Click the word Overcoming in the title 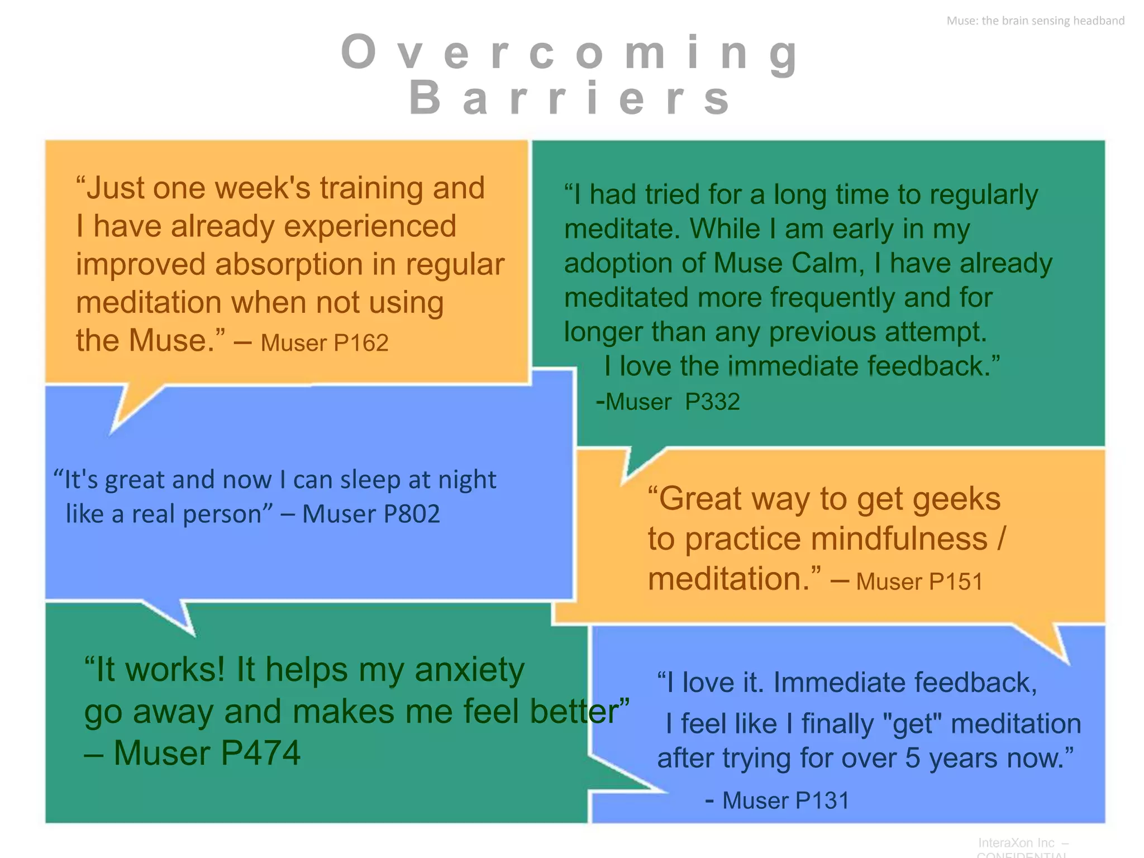pos(570,53)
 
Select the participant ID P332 pos(712,402)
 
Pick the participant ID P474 pos(260,753)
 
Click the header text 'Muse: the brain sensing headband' pos(1035,21)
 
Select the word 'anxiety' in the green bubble pos(469,670)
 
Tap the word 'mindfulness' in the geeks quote pos(899,540)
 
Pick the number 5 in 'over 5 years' pos(912,759)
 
